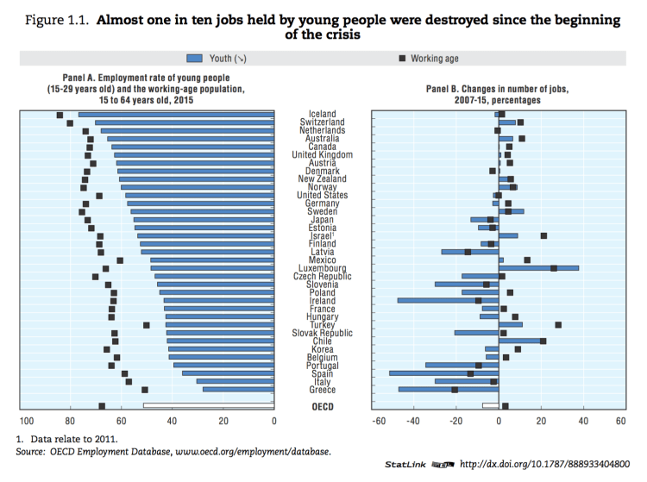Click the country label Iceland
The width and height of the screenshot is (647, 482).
pyautogui.click(x=323, y=114)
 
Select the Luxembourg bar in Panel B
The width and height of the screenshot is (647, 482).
pyautogui.click(x=539, y=268)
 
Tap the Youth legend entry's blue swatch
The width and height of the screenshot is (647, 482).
pyautogui.click(x=204, y=59)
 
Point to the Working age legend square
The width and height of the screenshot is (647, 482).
pyautogui.click(x=402, y=59)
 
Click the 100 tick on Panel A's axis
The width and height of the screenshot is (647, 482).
pyautogui.click(x=27, y=421)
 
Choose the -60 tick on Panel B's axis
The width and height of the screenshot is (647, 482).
pyautogui.click(x=378, y=421)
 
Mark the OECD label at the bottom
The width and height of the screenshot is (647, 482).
pyautogui.click(x=323, y=406)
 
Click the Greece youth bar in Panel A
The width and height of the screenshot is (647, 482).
pyautogui.click(x=238, y=390)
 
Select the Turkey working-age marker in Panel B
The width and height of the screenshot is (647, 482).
pyautogui.click(x=558, y=325)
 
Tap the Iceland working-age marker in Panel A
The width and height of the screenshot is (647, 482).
pyautogui.click(x=60, y=115)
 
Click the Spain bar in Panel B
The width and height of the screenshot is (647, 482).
pyautogui.click(x=444, y=373)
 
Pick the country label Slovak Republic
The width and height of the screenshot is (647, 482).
pyautogui.click(x=323, y=333)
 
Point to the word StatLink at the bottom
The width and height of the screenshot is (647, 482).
pyautogui.click(x=405, y=464)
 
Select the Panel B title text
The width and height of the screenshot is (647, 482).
pyautogui.click(x=496, y=94)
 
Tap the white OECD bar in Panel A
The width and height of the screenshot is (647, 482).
pyautogui.click(x=208, y=405)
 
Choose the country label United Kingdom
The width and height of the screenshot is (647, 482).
pyautogui.click(x=323, y=154)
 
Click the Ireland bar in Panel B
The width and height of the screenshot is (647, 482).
pyautogui.click(x=448, y=300)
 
